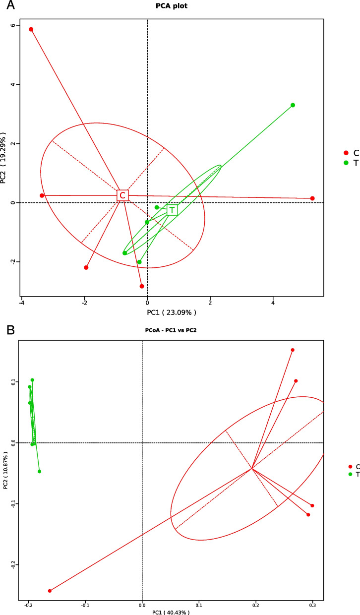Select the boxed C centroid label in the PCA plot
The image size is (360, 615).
click(x=122, y=195)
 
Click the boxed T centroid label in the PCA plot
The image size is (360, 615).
click(x=172, y=210)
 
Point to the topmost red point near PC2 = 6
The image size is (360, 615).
click(x=31, y=29)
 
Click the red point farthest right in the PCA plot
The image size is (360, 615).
click(x=312, y=198)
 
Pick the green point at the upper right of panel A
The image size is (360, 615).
click(x=293, y=105)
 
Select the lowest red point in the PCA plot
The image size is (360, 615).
click(x=142, y=286)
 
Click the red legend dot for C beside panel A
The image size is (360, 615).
click(x=347, y=153)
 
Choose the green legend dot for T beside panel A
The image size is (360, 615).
click(x=347, y=163)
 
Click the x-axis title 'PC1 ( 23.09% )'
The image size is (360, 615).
click(x=171, y=312)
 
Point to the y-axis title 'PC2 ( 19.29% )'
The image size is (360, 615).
click(x=4, y=158)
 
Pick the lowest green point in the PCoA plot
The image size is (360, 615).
click(x=39, y=471)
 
